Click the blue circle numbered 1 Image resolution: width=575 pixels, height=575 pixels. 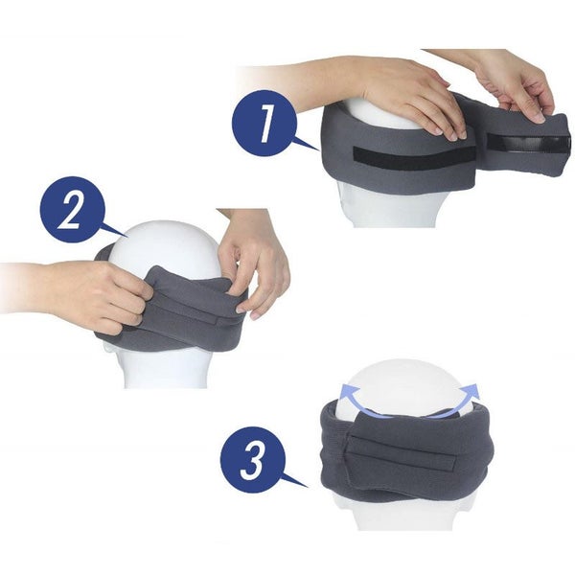point(264,124)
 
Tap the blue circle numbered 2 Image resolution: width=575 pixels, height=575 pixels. point(73,209)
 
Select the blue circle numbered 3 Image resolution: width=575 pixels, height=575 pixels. point(253,459)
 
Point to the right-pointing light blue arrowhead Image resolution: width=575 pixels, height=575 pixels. point(472,391)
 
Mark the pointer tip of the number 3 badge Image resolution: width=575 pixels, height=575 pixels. point(308,487)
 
